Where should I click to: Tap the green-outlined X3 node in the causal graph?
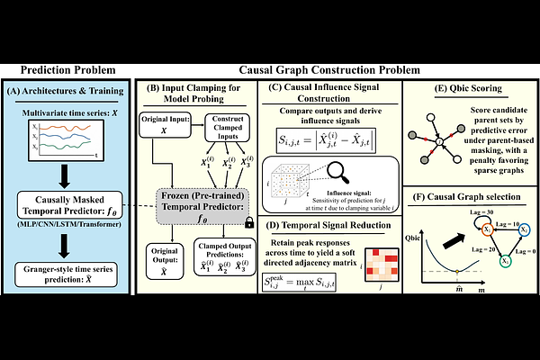(506, 261)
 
